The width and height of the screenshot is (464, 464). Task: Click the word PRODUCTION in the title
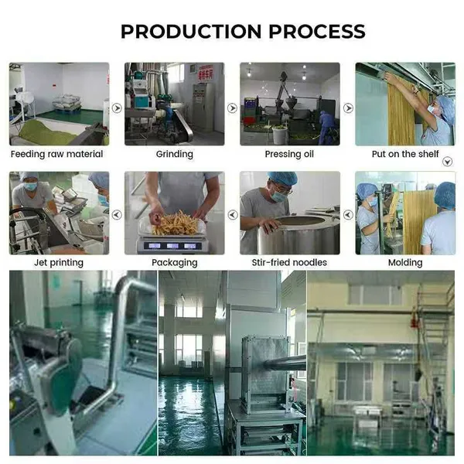191,32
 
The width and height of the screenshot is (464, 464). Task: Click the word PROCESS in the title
317,32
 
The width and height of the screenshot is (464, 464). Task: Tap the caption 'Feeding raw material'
56,154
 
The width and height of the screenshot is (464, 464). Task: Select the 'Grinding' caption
174,154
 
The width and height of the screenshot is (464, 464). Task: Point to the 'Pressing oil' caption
289,154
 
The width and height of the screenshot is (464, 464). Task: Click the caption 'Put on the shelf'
405,154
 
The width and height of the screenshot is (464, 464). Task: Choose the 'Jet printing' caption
59,262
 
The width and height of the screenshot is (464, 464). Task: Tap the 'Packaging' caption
174,263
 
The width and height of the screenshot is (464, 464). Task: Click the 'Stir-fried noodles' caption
289,262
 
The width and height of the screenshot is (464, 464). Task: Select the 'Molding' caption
405,263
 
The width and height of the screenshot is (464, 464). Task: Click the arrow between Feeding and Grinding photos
117,108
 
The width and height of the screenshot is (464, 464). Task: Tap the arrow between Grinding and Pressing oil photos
232,108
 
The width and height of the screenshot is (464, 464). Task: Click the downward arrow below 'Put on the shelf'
448,162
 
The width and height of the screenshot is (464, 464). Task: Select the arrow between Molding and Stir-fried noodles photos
348,215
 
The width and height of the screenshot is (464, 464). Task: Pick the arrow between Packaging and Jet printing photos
117,215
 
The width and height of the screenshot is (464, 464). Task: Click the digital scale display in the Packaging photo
172,246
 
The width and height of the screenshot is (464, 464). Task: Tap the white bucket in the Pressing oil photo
279,135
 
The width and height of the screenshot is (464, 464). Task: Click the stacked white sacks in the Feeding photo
67,101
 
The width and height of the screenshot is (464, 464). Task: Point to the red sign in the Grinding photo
206,73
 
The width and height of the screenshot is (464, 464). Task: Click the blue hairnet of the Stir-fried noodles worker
282,177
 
